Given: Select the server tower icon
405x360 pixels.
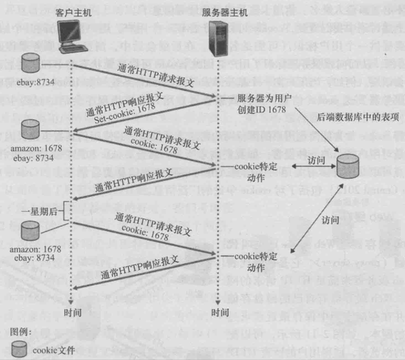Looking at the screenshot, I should [218, 40].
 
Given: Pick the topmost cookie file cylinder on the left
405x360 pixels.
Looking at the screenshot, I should [30, 63].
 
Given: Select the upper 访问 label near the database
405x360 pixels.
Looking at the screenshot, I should [317, 160].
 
